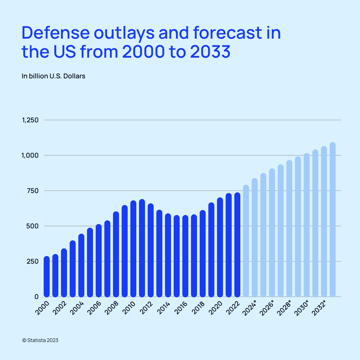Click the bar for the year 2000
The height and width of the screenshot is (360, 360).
click(x=47, y=277)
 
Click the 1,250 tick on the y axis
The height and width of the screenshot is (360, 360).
click(x=30, y=120)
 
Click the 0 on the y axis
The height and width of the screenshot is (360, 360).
click(x=37, y=297)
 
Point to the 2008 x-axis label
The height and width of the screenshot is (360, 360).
click(x=111, y=307)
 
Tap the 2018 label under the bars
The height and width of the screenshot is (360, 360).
click(x=198, y=307)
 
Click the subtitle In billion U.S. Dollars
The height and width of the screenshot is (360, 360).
click(x=54, y=76)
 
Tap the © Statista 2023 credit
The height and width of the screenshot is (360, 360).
click(x=40, y=340)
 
